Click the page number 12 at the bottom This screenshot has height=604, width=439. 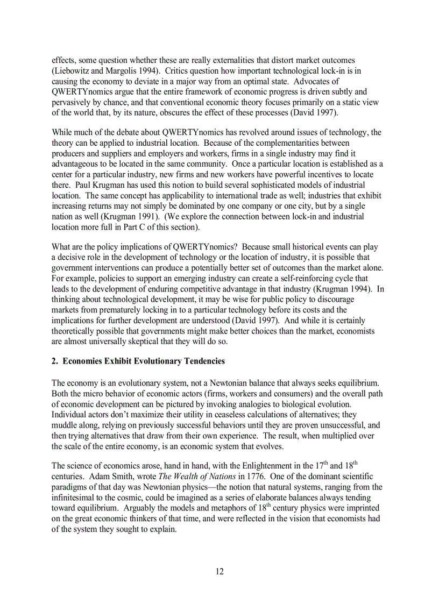(x=219, y=571)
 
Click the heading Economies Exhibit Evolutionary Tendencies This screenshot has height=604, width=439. (x=144, y=361)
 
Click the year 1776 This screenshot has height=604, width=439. (x=250, y=477)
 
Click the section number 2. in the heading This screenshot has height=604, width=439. (x=55, y=361)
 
